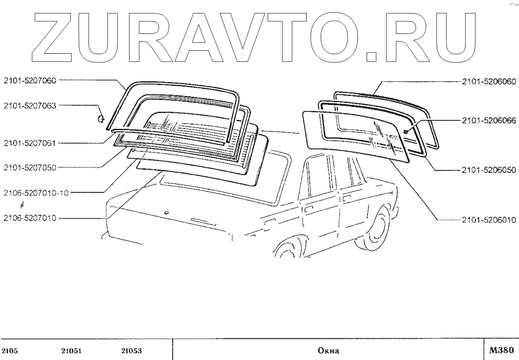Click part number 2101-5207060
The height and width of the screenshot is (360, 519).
coord(30,81)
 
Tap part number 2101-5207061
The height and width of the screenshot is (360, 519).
coord(30,143)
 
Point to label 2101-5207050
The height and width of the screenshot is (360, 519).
coord(30,167)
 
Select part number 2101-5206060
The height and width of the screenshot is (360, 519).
coord(487,81)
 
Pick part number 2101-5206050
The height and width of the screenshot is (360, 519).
coord(487,170)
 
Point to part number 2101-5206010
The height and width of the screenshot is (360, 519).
coord(487,219)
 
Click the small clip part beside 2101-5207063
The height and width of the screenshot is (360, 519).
coord(101,118)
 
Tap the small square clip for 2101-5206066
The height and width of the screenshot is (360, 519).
coord(405,131)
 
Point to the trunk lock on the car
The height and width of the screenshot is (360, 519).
coord(166,212)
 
